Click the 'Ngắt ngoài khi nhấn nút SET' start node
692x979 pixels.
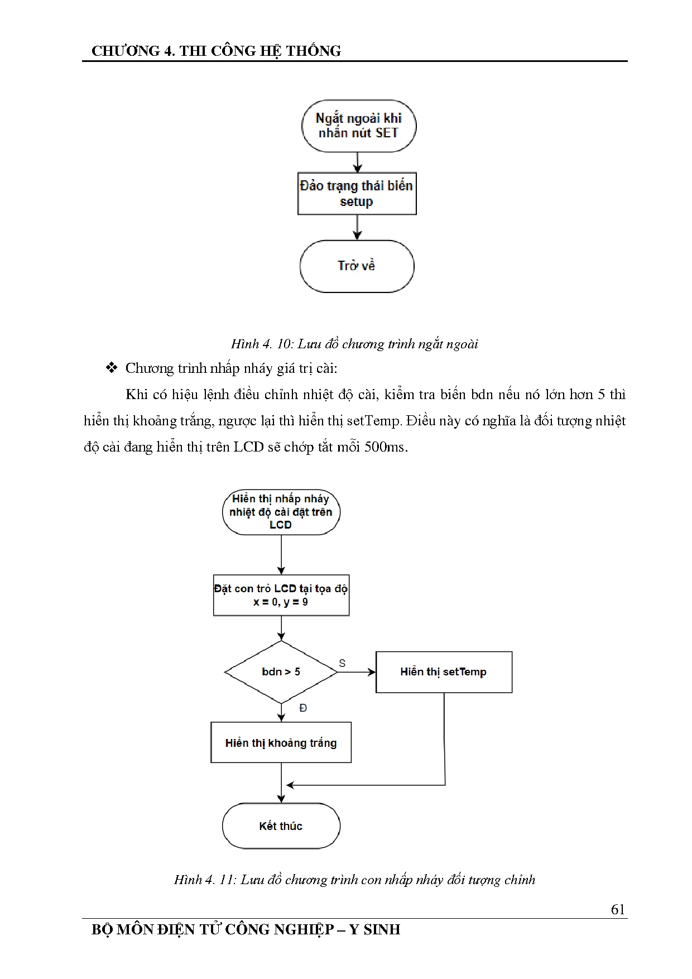pyautogui.click(x=358, y=126)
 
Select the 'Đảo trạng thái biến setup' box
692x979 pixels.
pyautogui.click(x=357, y=194)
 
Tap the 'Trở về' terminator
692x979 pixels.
pyautogui.click(x=357, y=266)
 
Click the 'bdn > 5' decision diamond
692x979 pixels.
pyautogui.click(x=281, y=672)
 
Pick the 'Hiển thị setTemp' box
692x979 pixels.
pyautogui.click(x=444, y=672)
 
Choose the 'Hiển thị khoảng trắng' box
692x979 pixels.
pyautogui.click(x=281, y=743)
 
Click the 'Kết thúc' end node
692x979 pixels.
pyautogui.click(x=281, y=826)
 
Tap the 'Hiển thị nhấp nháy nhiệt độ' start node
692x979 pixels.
pyautogui.click(x=281, y=512)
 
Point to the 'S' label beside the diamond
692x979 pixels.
pyautogui.click(x=342, y=663)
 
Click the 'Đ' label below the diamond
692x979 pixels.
pyautogui.click(x=303, y=708)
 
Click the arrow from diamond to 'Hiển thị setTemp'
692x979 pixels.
pyautogui.click(x=357, y=672)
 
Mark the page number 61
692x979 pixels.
pyautogui.click(x=618, y=909)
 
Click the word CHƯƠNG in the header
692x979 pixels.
pyautogui.click(x=126, y=51)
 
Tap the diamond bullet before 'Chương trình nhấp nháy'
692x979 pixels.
pyautogui.click(x=112, y=368)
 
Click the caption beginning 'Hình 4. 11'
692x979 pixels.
pyautogui.click(x=354, y=880)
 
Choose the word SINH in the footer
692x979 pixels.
pyautogui.click(x=382, y=930)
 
